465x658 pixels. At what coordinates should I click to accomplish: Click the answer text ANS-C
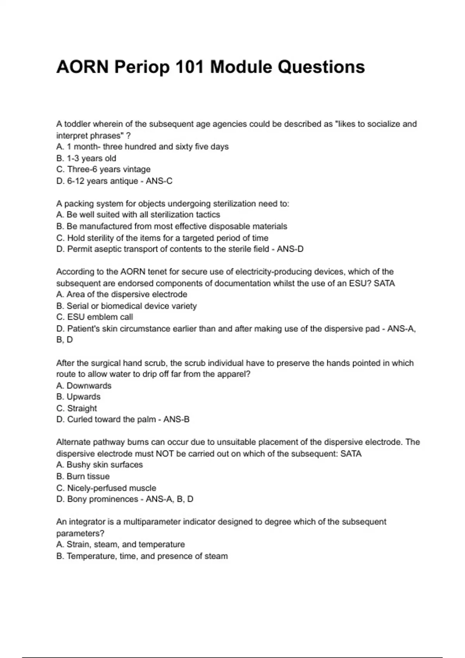tap(159, 181)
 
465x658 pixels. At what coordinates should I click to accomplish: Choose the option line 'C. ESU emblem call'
tap(95, 317)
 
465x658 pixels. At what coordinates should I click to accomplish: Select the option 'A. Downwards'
tap(84, 386)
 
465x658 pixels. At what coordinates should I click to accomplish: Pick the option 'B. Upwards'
tap(78, 397)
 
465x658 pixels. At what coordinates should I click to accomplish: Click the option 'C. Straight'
tap(76, 408)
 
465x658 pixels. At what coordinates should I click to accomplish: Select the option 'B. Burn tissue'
tap(83, 476)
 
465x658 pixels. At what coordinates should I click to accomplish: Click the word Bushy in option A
tap(79, 464)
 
